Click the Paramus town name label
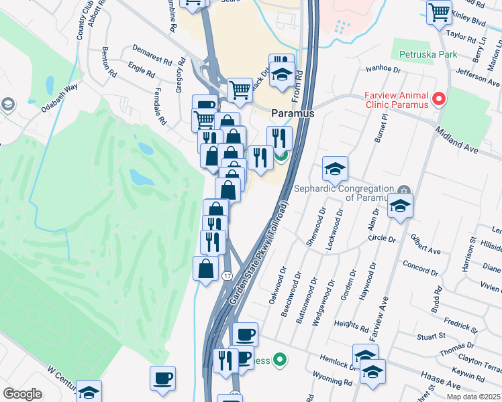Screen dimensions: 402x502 click(293, 114)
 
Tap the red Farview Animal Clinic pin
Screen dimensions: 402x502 click(440, 100)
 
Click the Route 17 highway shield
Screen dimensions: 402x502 click(228, 276)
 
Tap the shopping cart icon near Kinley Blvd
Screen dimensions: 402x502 click(439, 11)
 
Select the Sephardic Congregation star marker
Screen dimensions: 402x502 click(403, 189)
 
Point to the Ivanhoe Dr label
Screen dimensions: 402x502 click(383, 68)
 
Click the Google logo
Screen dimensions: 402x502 click(22, 394)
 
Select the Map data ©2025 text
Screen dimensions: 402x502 click(473, 397)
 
